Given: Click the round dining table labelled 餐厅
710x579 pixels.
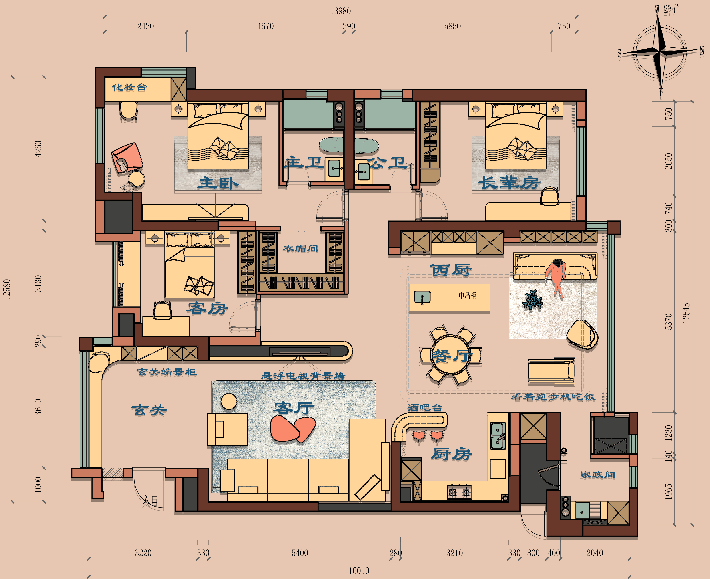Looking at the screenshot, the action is tap(451, 355).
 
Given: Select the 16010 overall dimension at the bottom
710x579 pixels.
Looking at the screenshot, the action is tap(359, 571).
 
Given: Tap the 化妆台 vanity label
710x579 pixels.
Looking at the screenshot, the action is tap(129, 87).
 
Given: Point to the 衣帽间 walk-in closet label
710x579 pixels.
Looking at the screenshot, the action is tap(300, 249).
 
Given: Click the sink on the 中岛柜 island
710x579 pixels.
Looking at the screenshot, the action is tap(422, 297).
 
